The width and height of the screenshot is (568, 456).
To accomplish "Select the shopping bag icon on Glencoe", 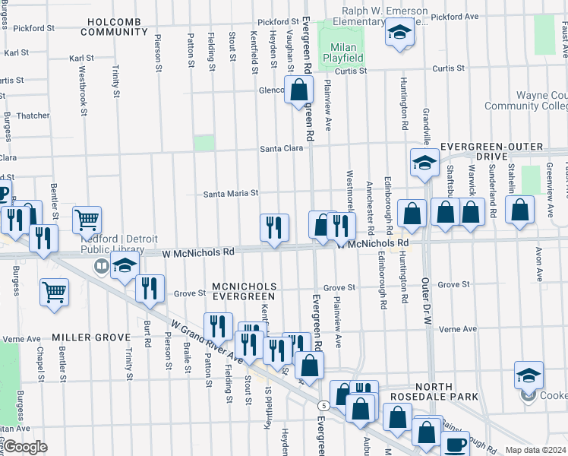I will click(298, 91).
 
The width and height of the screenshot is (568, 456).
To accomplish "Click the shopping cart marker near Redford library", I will click(87, 220).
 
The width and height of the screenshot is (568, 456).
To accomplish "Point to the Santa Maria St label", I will click(231, 194).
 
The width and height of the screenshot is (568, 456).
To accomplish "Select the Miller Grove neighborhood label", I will click(82, 336).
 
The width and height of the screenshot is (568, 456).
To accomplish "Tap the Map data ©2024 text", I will click(535, 450).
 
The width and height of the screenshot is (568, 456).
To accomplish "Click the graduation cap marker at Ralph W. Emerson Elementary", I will click(399, 33).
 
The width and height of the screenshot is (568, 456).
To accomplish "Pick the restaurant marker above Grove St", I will click(150, 288).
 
